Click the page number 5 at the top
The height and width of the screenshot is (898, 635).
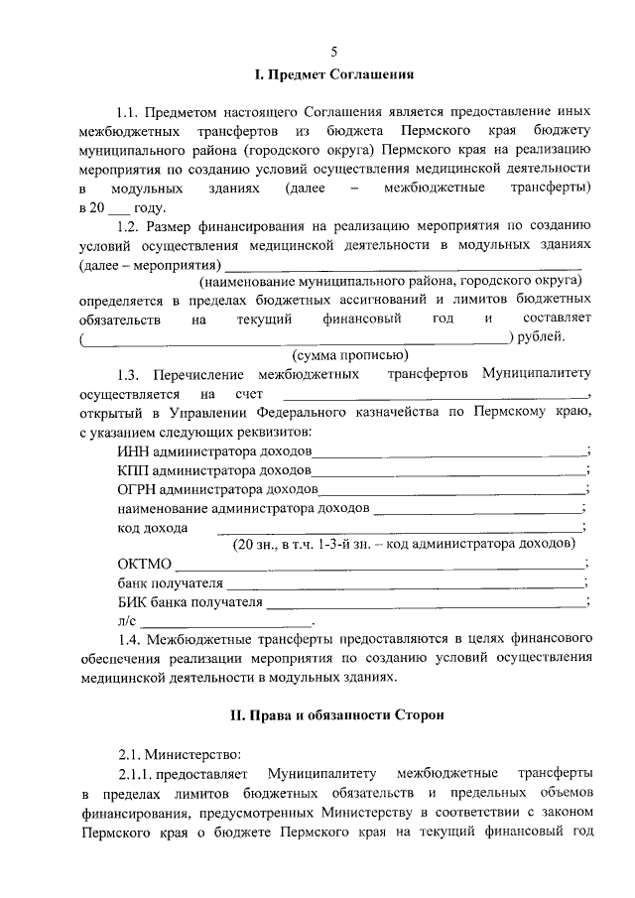tap(334, 51)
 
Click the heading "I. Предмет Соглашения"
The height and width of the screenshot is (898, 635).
tap(334, 74)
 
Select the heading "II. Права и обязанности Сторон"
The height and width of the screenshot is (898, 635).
tap(334, 714)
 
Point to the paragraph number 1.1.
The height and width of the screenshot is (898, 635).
tap(131, 114)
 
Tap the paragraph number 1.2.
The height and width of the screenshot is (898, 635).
tap(131, 226)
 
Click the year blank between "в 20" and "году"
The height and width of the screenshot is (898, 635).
tap(118, 208)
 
